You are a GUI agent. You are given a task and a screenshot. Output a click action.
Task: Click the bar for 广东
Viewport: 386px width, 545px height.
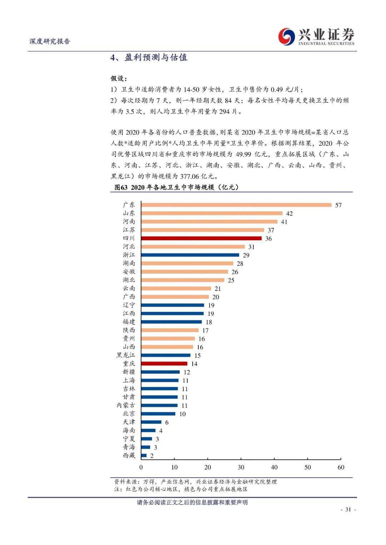(x=236, y=205)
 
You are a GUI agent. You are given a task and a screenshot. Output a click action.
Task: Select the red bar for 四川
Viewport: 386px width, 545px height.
(x=201, y=238)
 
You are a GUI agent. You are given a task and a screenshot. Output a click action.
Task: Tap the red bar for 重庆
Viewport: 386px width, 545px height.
(x=164, y=363)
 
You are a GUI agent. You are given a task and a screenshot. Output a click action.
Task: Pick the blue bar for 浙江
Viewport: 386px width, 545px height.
(x=190, y=255)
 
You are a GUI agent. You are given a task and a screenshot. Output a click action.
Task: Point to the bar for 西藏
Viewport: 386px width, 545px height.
(x=144, y=455)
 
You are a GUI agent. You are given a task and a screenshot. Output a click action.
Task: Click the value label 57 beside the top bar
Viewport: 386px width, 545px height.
(x=338, y=205)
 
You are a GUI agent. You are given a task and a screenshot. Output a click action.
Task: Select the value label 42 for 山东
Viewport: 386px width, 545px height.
(x=289, y=213)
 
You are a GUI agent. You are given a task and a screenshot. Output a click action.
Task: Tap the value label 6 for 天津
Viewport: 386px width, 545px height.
(x=167, y=422)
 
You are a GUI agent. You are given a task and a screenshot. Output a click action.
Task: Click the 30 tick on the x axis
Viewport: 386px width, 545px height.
(x=241, y=467)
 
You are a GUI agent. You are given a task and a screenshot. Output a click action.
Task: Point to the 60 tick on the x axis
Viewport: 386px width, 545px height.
(x=341, y=467)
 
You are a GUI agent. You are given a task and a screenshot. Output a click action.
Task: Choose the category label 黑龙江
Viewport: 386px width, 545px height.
(x=125, y=355)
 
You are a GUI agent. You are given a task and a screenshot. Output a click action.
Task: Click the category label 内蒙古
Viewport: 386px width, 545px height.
(x=125, y=405)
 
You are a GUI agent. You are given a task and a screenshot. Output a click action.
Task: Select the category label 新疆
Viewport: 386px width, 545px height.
(x=129, y=372)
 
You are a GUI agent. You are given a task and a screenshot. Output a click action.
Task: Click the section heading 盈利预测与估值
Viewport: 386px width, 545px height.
(x=156, y=58)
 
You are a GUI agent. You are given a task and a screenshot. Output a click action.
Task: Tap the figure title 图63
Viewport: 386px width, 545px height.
(x=121, y=187)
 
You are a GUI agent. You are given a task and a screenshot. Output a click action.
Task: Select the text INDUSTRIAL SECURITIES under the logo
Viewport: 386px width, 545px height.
(x=327, y=44)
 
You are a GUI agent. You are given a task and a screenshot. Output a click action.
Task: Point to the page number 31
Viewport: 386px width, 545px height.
(x=348, y=509)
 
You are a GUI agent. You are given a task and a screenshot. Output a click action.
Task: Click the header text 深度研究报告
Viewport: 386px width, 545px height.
(x=50, y=41)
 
